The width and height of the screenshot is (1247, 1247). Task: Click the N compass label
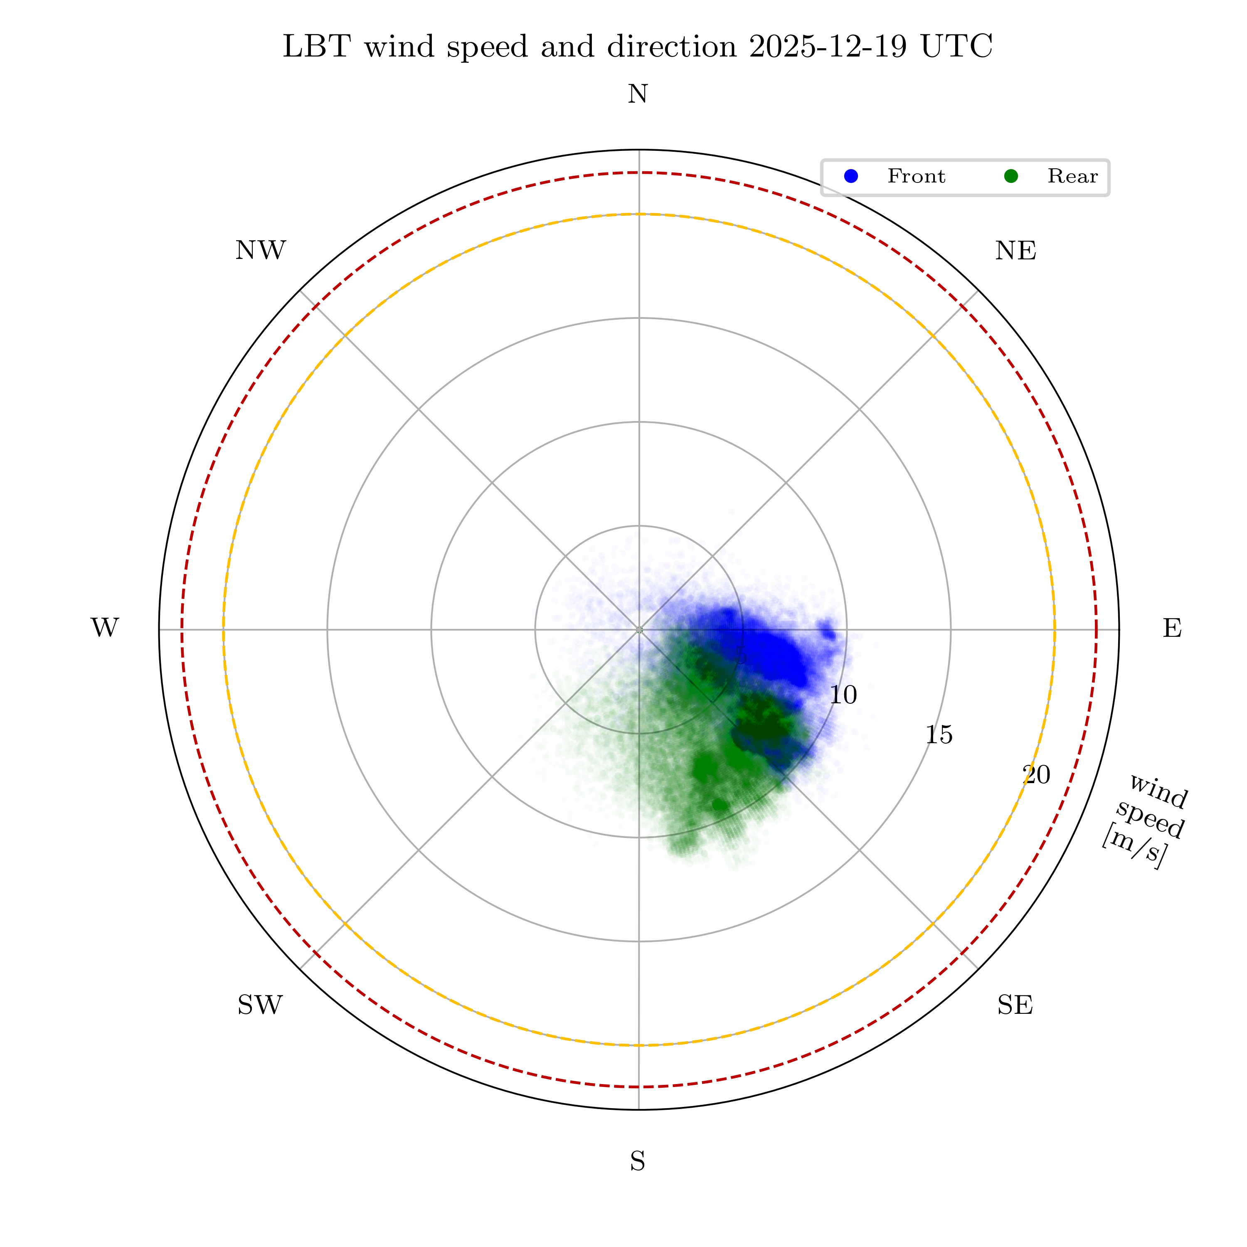click(638, 95)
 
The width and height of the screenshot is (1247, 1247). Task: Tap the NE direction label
click(1015, 251)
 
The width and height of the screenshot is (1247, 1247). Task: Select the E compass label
click(1172, 628)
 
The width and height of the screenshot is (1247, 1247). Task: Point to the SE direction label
click(1015, 1005)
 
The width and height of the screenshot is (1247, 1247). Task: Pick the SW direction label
click(260, 1005)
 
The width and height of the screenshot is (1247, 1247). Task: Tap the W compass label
click(105, 628)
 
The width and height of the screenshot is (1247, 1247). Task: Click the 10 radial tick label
click(843, 695)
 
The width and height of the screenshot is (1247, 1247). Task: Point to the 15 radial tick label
click(939, 735)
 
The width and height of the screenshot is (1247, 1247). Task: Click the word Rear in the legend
click(1072, 176)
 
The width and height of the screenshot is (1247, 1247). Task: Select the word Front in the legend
click(916, 176)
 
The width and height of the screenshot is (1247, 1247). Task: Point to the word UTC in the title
click(956, 47)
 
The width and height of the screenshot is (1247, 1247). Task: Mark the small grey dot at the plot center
click(639, 629)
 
